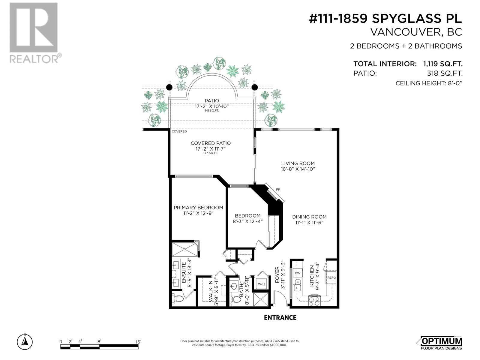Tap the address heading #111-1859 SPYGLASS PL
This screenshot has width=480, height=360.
coord(385,19)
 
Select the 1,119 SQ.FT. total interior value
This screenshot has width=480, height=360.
coord(442,64)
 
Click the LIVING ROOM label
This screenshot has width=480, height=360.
coord(298,163)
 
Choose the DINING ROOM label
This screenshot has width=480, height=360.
coord(309,217)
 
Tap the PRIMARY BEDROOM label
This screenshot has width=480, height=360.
coord(198,208)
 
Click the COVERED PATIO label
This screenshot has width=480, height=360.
coord(211,143)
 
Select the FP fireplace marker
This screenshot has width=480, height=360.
coord(278,190)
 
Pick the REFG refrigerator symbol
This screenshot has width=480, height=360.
coord(331,278)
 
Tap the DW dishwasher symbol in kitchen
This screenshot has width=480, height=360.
coord(297,273)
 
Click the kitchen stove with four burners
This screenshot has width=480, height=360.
coord(314,301)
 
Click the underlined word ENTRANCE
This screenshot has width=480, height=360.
coord(280,318)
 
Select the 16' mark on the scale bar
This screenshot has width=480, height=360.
coord(138,342)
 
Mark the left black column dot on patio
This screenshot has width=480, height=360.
coord(169,87)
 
